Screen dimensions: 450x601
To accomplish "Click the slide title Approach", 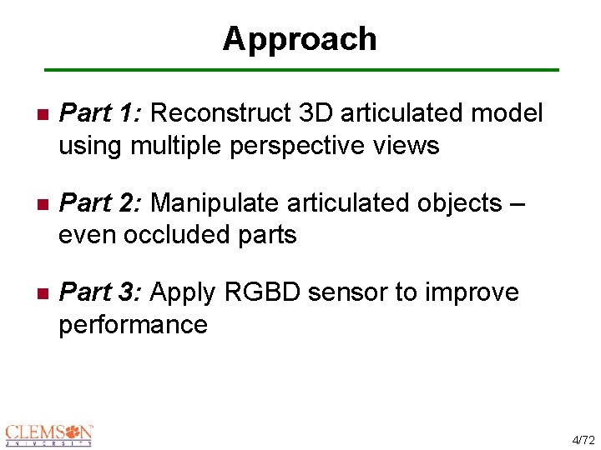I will click(x=300, y=39).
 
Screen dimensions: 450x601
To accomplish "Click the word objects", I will click(x=457, y=202).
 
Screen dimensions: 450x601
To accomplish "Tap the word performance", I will click(x=133, y=325).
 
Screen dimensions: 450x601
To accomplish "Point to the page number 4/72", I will click(x=581, y=438).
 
